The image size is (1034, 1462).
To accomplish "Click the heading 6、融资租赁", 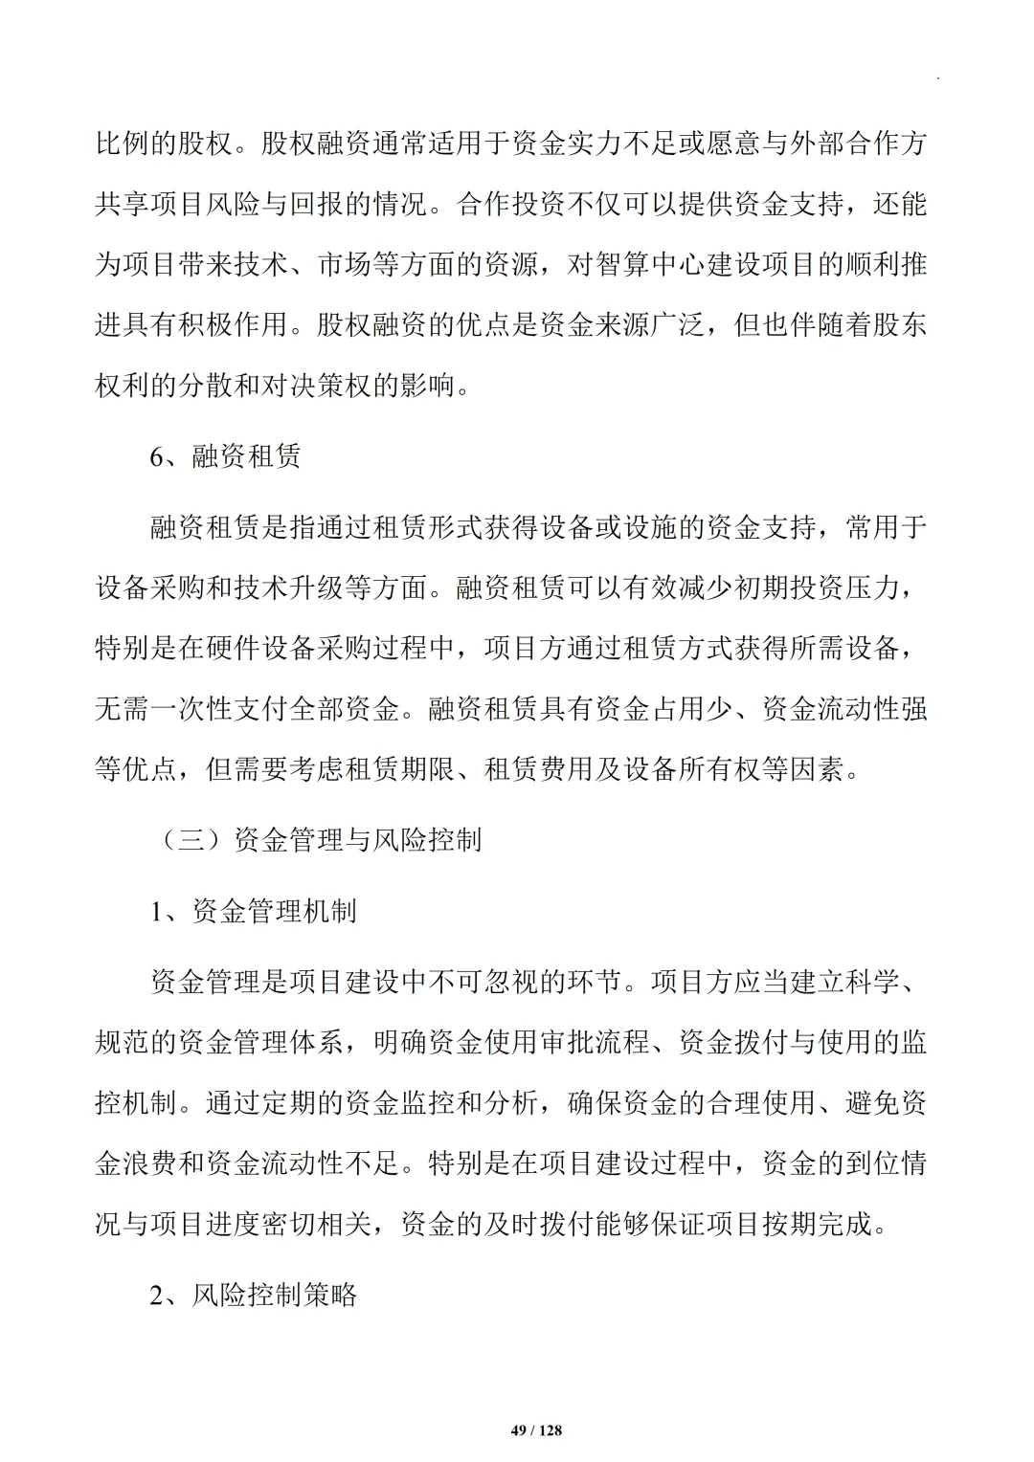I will pyautogui.click(x=226, y=456).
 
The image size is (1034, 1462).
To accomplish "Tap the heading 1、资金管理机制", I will pyautogui.click(x=254, y=910).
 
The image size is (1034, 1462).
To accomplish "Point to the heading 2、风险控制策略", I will pyautogui.click(x=254, y=1295).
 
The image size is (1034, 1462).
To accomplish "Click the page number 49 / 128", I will pyautogui.click(x=536, y=1430).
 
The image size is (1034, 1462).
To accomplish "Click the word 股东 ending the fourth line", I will pyautogui.click(x=899, y=324).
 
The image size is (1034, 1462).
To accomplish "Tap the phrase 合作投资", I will pyautogui.click(x=512, y=205).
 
